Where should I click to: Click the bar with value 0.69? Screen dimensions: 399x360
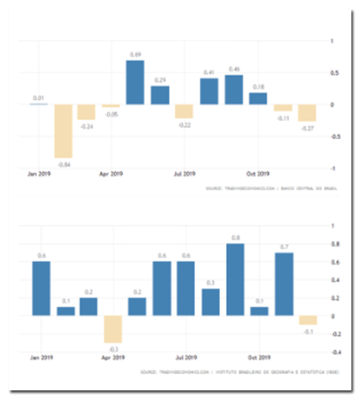[135, 82]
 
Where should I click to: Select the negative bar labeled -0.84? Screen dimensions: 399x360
[63, 131]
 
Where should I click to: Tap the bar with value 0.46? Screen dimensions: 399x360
[234, 90]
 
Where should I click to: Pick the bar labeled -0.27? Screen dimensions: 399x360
[307, 113]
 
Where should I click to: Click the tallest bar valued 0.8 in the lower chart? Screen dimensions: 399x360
[235, 280]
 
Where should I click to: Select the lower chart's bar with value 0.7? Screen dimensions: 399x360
[284, 284]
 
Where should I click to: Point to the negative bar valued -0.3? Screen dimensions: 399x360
[112, 329]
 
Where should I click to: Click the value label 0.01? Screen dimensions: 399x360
[39, 97]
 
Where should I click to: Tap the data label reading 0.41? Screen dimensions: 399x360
[209, 72]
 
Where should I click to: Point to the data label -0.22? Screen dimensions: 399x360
[184, 125]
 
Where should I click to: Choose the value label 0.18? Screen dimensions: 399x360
[259, 86]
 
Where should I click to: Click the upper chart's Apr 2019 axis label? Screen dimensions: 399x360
[111, 173]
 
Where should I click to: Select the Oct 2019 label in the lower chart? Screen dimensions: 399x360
[259, 357]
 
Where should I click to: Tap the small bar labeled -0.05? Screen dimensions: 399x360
[111, 106]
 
